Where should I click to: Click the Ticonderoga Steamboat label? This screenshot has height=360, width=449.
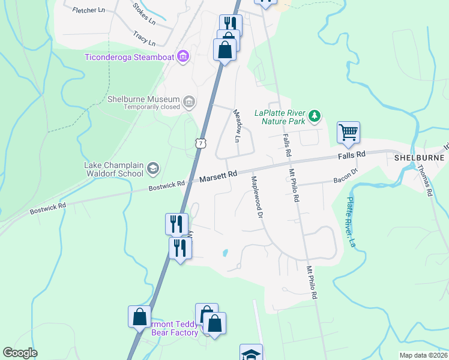(x=129, y=57)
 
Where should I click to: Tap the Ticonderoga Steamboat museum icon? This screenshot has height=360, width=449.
(x=183, y=57)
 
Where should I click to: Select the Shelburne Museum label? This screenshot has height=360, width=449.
(x=143, y=100)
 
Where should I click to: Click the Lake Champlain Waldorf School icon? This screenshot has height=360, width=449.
(x=153, y=169)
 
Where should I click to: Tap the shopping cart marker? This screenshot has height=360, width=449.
(x=348, y=133)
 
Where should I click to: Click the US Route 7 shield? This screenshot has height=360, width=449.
(x=200, y=143)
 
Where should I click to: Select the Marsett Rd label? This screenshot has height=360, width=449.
(x=218, y=176)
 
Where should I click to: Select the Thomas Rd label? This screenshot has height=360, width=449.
(x=425, y=181)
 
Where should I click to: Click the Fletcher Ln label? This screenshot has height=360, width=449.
(x=88, y=10)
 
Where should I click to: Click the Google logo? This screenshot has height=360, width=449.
(x=20, y=353)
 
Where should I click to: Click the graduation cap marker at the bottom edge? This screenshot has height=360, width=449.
(x=251, y=353)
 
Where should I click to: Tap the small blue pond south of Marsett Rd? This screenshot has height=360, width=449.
(x=224, y=253)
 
